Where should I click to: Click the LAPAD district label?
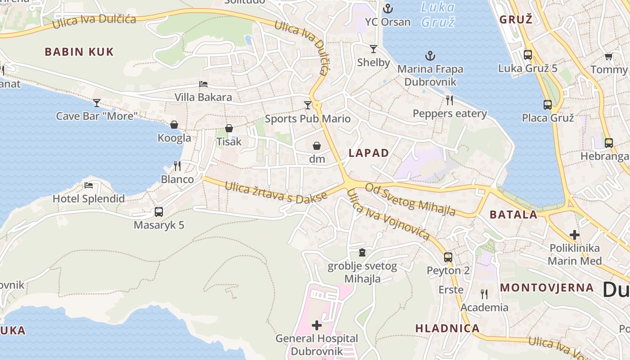point(369,153)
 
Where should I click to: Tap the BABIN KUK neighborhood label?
point(79,52)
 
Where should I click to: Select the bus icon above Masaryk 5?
point(158,212)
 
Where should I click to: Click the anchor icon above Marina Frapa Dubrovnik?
point(431,56)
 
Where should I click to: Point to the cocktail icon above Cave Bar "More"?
point(96,103)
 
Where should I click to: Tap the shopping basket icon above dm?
point(317,146)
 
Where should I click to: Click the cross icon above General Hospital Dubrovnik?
point(317,325)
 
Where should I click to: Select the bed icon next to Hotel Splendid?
point(89,185)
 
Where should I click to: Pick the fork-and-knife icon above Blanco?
point(177,166)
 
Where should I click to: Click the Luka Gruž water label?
point(438,14)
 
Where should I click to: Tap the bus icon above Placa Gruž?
point(547,105)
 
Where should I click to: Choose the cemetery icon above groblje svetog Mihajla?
point(362,253)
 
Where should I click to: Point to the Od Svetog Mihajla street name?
point(410,199)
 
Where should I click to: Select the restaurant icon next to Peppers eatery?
point(449,100)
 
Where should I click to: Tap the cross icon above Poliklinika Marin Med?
point(574,235)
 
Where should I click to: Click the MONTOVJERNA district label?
point(547,288)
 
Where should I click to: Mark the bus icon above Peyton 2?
point(448,257)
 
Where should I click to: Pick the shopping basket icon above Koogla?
point(174,125)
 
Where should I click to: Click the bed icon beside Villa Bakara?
point(203,84)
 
